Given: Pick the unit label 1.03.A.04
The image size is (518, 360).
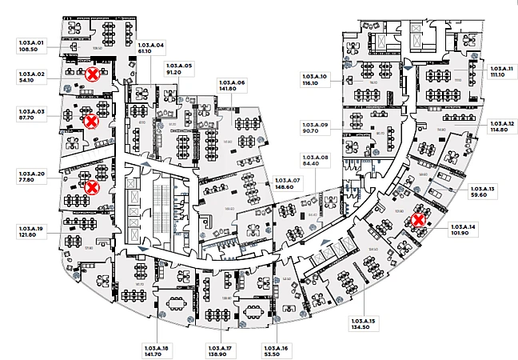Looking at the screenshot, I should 151,46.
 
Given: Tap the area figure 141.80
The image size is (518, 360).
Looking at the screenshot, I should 232,89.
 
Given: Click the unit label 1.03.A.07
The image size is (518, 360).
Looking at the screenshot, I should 286,180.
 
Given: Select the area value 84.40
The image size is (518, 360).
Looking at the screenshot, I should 315,165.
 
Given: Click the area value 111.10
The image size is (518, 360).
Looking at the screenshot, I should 501,76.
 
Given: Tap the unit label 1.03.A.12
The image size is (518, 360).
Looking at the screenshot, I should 501,122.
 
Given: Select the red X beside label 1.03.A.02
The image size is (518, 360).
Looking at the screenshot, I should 93,74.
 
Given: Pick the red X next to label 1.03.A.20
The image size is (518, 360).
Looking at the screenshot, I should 92,186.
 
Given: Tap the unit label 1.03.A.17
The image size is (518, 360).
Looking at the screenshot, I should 219,348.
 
